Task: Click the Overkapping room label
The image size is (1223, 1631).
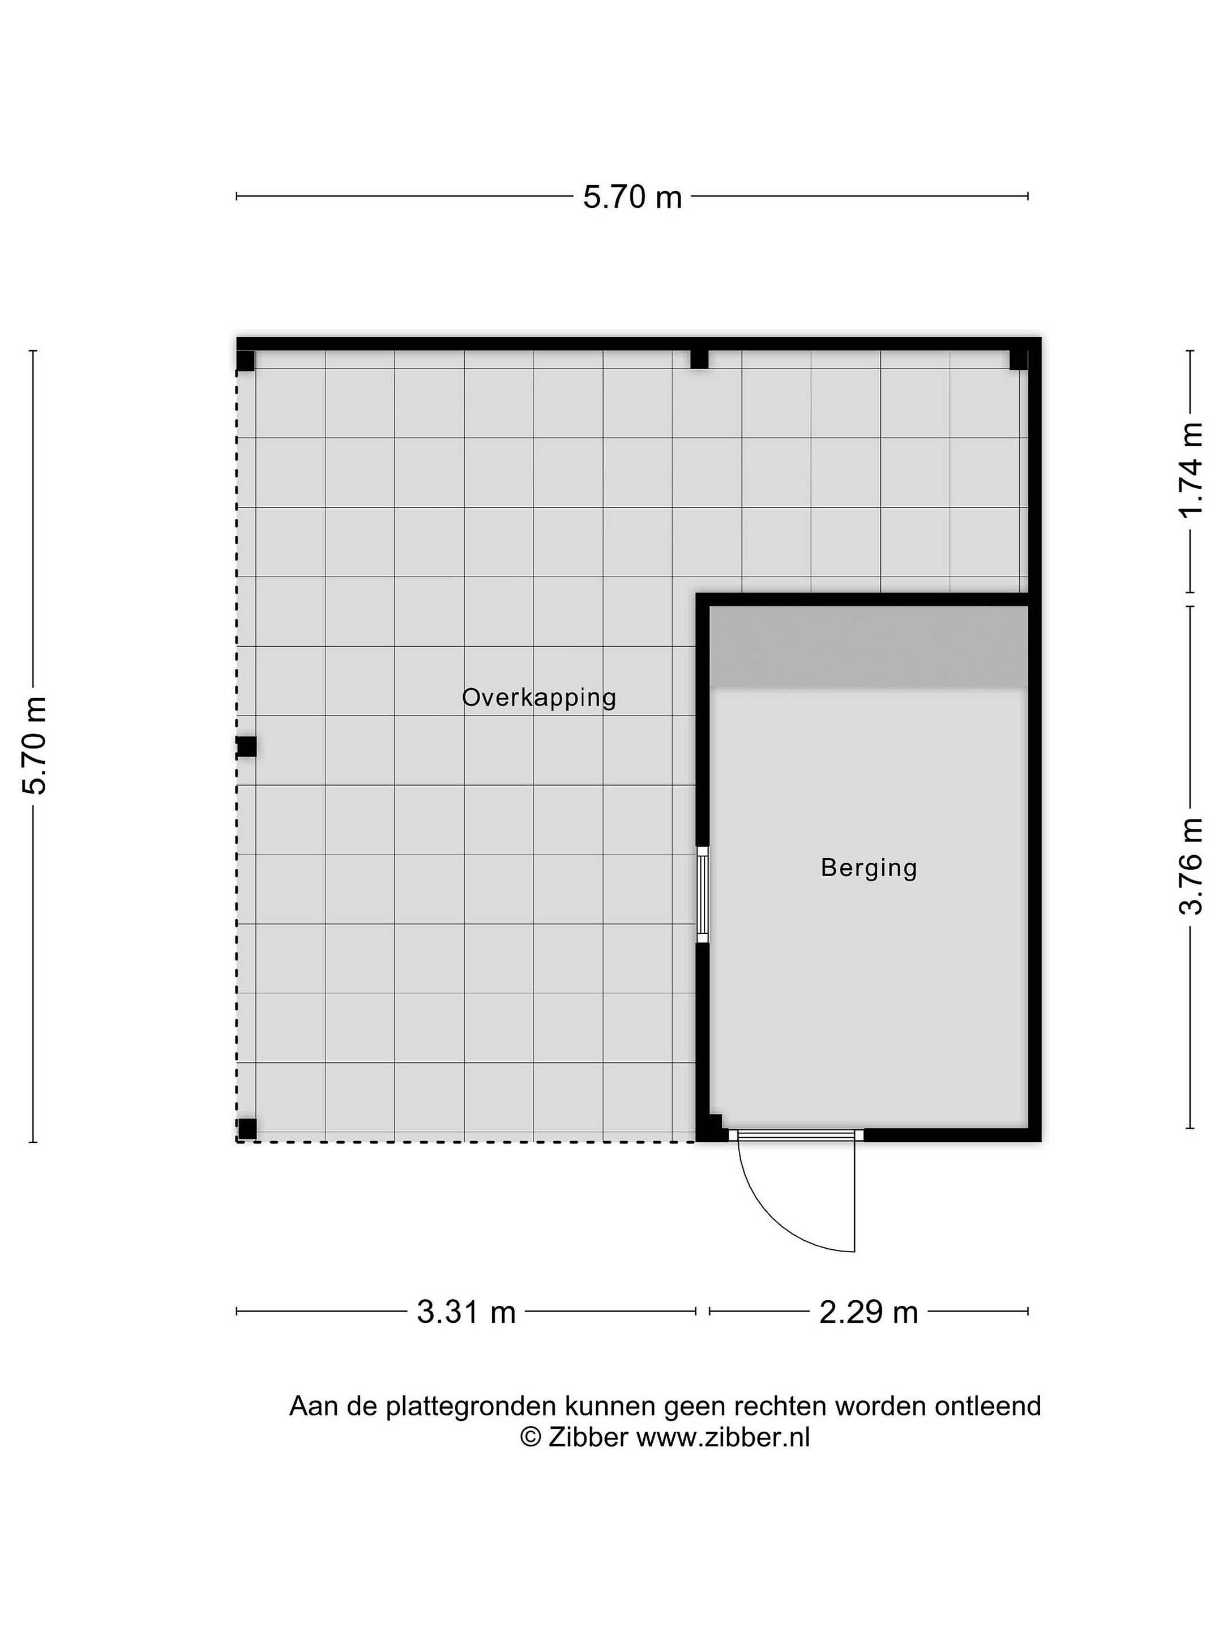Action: point(539,698)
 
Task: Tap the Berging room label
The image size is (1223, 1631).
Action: point(869,868)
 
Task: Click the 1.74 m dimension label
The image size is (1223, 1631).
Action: point(1191,469)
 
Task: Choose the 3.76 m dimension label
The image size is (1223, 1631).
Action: point(1191,866)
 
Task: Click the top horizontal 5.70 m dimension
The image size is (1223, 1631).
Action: point(632,197)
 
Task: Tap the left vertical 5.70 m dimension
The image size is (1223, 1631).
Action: point(34,745)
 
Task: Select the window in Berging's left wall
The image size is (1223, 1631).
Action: point(703,894)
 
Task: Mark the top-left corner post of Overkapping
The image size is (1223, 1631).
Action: point(246,361)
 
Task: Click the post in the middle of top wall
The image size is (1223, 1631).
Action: point(699,359)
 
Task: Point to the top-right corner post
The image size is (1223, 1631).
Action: point(1018,360)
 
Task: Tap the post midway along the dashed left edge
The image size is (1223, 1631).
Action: point(246,746)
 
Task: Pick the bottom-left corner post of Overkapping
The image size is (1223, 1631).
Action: point(247,1129)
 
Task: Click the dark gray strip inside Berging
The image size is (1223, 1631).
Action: point(869,647)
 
